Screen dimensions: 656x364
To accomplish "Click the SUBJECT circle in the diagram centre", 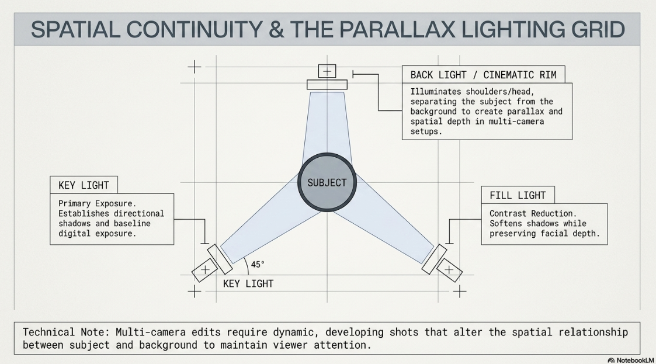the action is click(x=327, y=182).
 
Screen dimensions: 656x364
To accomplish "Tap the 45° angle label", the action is click(x=258, y=265).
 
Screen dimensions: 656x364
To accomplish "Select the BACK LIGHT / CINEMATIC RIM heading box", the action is click(x=483, y=74).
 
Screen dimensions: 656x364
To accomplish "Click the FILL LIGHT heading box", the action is click(x=518, y=195).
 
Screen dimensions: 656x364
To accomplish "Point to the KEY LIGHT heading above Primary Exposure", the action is click(x=84, y=185).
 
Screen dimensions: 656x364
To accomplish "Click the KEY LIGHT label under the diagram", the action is click(x=248, y=284).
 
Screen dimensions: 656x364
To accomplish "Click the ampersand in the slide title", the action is click(x=276, y=29).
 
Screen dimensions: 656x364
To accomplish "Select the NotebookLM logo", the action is click(x=630, y=360).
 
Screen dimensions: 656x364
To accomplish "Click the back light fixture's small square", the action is click(x=327, y=71).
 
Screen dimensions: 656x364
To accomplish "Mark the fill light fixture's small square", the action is click(x=449, y=270).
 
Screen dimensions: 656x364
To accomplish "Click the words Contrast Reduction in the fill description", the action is click(x=533, y=213).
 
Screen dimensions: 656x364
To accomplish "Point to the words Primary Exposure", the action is click(x=98, y=204).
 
